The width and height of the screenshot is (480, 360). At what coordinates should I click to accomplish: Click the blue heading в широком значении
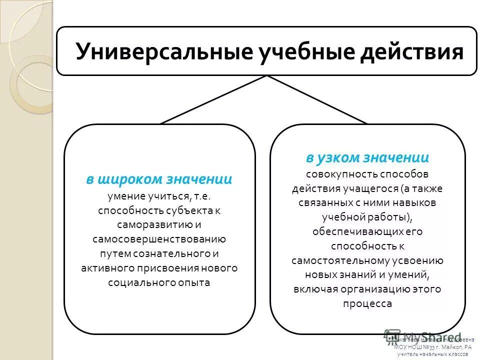159,179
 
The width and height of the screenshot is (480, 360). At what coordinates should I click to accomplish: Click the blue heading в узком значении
367,158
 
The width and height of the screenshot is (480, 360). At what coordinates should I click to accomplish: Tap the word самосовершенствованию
159,239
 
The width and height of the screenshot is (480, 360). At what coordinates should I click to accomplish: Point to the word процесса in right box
367,303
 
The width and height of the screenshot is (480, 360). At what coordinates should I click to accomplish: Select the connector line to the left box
214,99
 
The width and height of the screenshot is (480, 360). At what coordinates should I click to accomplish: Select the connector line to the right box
317,99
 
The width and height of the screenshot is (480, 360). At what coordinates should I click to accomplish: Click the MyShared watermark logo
420,337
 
